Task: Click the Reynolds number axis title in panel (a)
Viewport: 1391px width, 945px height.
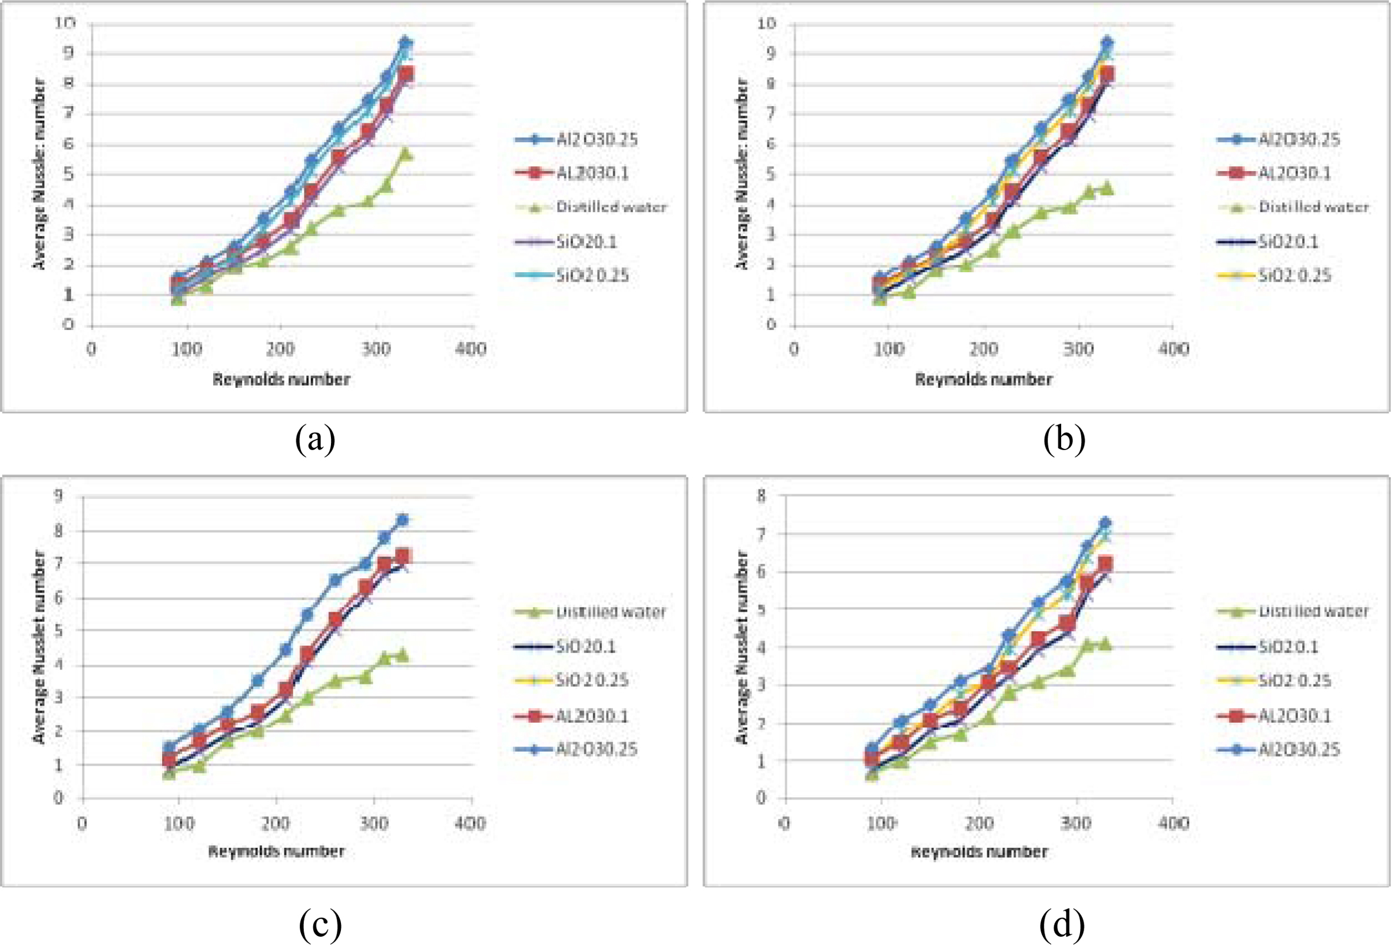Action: coord(281,379)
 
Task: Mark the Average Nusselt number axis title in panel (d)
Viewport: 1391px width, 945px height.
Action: coord(742,647)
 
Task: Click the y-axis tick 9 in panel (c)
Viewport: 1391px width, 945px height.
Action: coord(58,496)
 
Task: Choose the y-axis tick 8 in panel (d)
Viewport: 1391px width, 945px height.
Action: coord(761,496)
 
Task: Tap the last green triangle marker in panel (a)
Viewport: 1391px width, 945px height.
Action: coord(406,154)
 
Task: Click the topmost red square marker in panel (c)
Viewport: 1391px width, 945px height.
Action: coord(402,557)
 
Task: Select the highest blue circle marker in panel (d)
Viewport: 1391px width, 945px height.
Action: coord(1105,523)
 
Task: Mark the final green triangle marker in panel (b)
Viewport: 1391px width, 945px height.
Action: coord(1107,188)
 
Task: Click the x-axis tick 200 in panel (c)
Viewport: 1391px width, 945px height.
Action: coord(276,824)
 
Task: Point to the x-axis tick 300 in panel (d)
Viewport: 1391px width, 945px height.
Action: coord(1075,824)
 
